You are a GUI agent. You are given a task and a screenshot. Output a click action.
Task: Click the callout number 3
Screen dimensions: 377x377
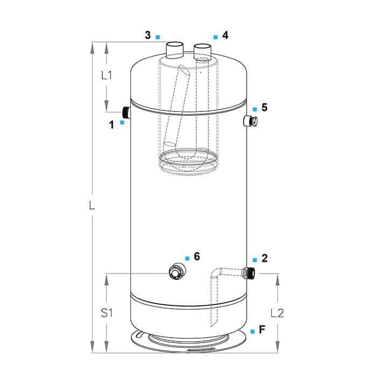click(148, 35)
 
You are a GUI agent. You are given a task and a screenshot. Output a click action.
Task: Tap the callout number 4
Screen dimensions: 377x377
click(225, 35)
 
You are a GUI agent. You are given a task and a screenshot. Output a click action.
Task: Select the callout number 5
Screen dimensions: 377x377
click(264, 107)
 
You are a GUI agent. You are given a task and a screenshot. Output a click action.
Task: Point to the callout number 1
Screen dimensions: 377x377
click(111, 125)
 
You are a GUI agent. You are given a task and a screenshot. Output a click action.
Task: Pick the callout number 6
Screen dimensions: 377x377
click(197, 256)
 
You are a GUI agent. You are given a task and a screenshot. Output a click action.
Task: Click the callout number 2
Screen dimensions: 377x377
click(264, 258)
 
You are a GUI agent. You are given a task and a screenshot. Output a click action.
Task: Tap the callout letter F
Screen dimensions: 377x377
click(262, 330)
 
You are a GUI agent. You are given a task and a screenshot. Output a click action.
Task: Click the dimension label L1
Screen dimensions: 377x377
click(107, 75)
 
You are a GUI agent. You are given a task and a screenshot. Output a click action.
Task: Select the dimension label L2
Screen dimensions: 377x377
click(277, 313)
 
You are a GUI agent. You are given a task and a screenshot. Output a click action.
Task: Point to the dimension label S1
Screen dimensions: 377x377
click(107, 313)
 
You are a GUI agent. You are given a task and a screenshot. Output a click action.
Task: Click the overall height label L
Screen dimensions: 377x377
click(92, 206)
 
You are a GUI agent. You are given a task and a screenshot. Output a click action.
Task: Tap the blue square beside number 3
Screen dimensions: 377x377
click(158, 37)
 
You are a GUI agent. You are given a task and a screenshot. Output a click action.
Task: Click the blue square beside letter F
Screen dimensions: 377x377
click(253, 331)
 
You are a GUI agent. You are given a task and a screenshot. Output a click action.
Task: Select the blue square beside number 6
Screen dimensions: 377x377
click(187, 258)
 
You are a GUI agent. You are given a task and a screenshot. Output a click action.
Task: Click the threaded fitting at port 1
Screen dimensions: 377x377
click(126, 112)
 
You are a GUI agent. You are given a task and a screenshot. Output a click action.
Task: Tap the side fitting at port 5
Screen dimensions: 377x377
click(250, 121)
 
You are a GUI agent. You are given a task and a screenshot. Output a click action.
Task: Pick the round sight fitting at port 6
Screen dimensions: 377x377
click(177, 271)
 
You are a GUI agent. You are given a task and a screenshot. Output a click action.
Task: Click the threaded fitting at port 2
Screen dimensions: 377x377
click(249, 273)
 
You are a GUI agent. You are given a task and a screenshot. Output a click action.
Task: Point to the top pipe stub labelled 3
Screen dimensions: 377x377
click(175, 50)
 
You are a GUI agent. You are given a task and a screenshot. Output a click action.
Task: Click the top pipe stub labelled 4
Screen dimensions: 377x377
click(203, 51)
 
